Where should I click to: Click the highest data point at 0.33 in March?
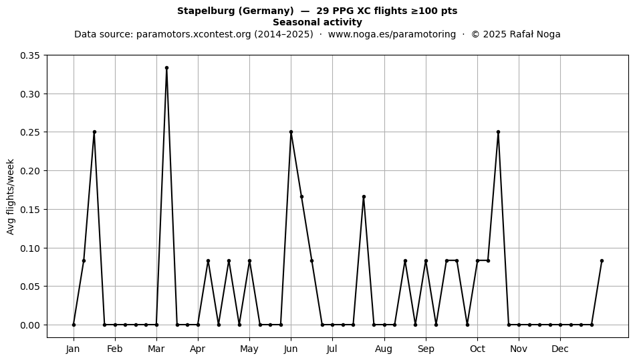(x=166, y=68)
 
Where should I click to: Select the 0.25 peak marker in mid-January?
(x=94, y=132)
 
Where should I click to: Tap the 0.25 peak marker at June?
(x=291, y=132)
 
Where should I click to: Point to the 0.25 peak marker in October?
(x=498, y=132)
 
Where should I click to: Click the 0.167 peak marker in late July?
(x=364, y=197)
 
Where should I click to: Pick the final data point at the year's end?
(x=602, y=261)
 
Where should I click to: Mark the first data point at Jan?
(x=74, y=325)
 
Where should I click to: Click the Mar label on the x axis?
(x=156, y=349)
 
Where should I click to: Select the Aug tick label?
(x=384, y=349)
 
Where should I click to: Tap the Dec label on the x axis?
(x=561, y=349)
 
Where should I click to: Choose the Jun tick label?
(x=291, y=349)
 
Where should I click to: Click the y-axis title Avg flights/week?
(x=11, y=196)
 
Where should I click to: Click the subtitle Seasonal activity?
(x=317, y=22)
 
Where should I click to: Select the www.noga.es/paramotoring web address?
(x=392, y=34)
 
